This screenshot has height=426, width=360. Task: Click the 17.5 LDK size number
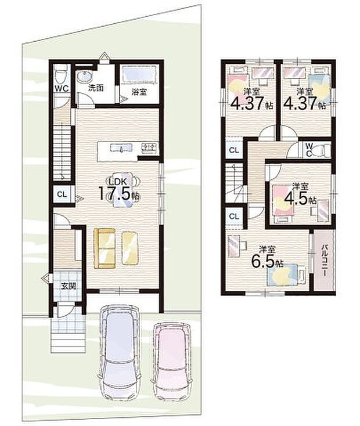pyautogui.click(x=114, y=193)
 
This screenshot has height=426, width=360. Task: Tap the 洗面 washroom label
pyautogui.click(x=96, y=88)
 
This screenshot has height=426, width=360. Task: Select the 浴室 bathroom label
pyautogui.click(x=139, y=92)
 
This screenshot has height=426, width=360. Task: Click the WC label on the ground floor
pyautogui.click(x=62, y=89)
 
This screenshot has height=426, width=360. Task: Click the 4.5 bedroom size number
pyautogui.click(x=296, y=199)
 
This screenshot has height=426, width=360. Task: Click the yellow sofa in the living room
pyautogui.click(x=105, y=248)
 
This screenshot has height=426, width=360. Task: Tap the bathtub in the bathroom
pyautogui.click(x=139, y=73)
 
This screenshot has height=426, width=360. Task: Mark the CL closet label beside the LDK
pyautogui.click(x=62, y=194)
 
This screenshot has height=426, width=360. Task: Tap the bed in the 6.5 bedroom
pyautogui.click(x=286, y=275)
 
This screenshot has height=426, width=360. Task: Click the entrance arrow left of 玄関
pyautogui.click(x=46, y=278)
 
